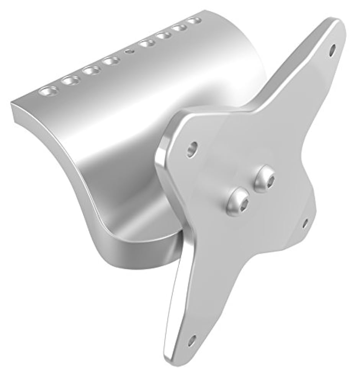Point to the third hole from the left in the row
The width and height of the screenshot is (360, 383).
pos(91,70)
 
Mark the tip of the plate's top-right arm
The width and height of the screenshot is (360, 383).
pos(337,27)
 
